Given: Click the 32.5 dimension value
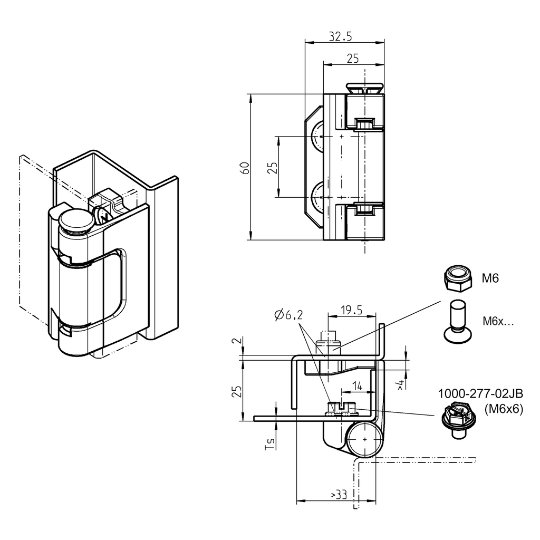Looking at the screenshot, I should coord(340,36).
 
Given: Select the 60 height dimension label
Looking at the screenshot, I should coord(245,168).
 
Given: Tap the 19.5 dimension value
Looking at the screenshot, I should coord(351,310).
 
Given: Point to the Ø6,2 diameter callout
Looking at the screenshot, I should coord(289,316).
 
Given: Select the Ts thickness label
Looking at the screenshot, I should coord(270,445).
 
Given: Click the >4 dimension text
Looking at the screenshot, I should coord(401,384).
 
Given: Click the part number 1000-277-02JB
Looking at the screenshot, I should coord(480,394).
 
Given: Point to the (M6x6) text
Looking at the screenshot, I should coord(503,409).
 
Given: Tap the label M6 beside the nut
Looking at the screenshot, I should coord(490,279).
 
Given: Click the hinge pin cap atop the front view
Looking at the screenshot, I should coord(364,88).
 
